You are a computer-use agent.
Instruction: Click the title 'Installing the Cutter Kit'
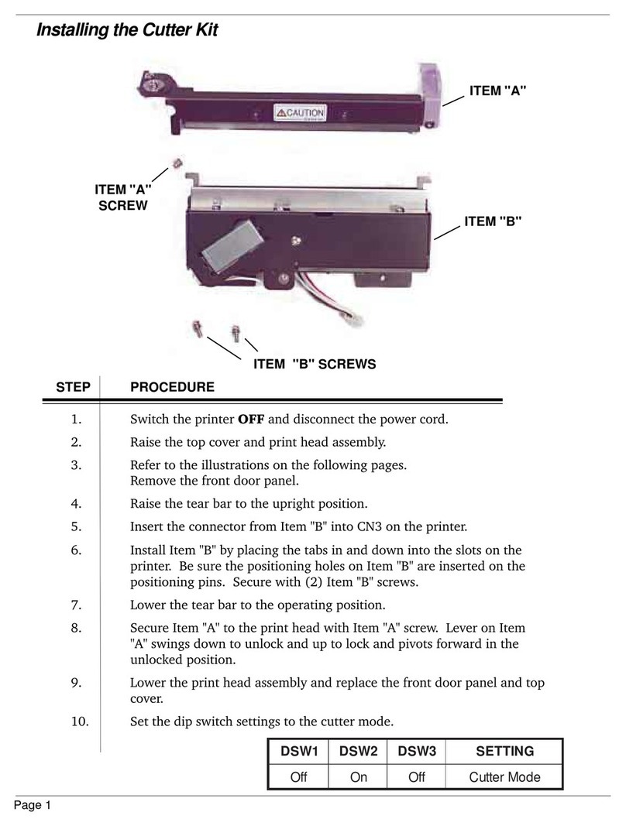(x=128, y=31)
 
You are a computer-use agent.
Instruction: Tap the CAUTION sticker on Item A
(x=300, y=115)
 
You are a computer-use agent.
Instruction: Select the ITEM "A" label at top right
(x=497, y=91)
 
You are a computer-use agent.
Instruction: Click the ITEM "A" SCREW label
(x=122, y=198)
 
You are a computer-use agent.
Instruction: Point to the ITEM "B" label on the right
(x=493, y=221)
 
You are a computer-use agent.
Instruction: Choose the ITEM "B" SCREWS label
(x=315, y=364)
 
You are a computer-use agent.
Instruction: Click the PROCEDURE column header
(x=172, y=386)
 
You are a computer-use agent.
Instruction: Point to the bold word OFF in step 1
(x=251, y=420)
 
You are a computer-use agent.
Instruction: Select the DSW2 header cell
(x=359, y=751)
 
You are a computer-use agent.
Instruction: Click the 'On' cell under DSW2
(x=359, y=776)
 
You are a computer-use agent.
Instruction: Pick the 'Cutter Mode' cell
(x=505, y=776)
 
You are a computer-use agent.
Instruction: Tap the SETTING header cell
(x=505, y=751)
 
